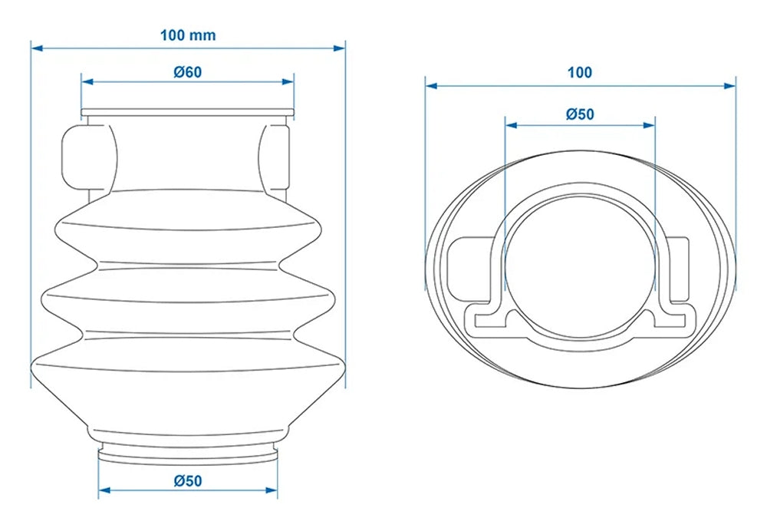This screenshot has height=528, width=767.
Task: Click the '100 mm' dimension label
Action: point(188,35)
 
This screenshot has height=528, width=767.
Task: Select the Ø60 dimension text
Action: point(188,72)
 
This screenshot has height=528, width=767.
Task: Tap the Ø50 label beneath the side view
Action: point(188,481)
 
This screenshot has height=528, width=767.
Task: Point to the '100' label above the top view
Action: point(580,73)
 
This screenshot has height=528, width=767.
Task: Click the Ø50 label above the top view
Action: point(580,114)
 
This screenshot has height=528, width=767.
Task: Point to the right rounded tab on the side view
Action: point(275,157)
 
